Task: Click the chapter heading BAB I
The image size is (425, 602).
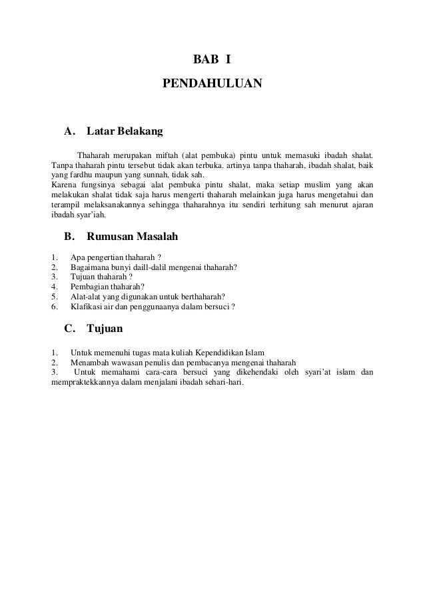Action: tap(212, 60)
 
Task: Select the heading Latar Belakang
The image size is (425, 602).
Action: tap(125, 131)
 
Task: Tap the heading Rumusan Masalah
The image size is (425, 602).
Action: tap(132, 236)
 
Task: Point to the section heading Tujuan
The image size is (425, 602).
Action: tap(105, 328)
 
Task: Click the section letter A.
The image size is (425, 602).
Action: tap(69, 131)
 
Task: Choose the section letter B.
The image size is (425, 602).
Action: tap(68, 236)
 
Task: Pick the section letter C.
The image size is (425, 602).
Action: tap(68, 328)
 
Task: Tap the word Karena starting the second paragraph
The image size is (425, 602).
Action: tap(65, 184)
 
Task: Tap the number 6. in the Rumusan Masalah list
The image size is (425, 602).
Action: tap(54, 307)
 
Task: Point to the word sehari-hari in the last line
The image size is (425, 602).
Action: tap(224, 383)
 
